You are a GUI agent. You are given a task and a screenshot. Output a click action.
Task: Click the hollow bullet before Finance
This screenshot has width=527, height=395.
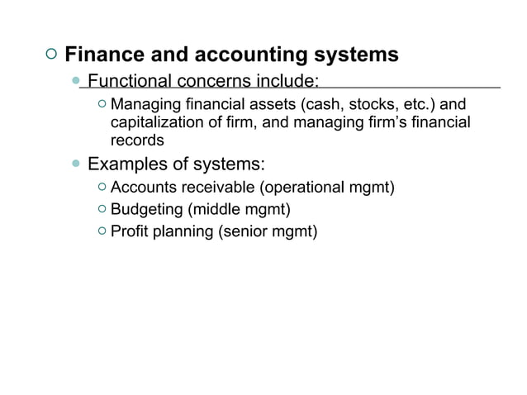click(x=51, y=55)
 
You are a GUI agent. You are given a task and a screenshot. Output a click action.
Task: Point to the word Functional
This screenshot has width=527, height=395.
click(x=129, y=81)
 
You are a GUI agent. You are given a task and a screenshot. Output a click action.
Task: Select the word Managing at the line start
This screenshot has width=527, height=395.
click(x=140, y=105)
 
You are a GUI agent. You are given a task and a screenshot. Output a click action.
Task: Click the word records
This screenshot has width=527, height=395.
click(x=137, y=140)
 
